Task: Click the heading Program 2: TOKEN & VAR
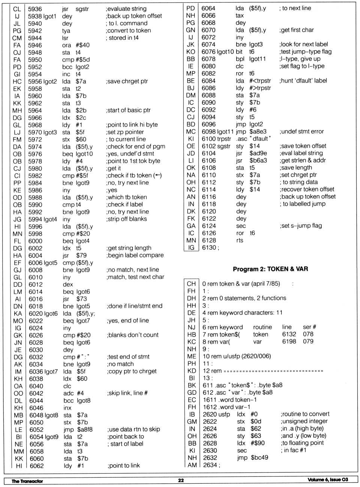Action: pyautogui.click(x=270, y=269)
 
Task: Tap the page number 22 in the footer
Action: pyautogui.click(x=181, y=480)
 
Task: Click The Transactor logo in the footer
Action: pyautogui.click(x=27, y=481)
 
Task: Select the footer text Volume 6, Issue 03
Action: pyautogui.click(x=327, y=480)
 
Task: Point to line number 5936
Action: pyautogui.click(x=35, y=9)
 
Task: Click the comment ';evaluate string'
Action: pyautogui.click(x=126, y=9)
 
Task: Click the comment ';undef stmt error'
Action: pyautogui.click(x=301, y=132)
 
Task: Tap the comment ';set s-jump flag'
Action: pyautogui.click(x=301, y=226)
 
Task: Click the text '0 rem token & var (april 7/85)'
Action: pyautogui.click(x=241, y=284)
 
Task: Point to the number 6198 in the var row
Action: pyautogui.click(x=289, y=342)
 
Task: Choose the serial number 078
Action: pyautogui.click(x=308, y=334)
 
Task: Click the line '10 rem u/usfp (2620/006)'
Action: pyautogui.click(x=237, y=356)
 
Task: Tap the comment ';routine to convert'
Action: pyautogui.click(x=305, y=414)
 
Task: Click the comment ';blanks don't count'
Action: pyautogui.click(x=132, y=335)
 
